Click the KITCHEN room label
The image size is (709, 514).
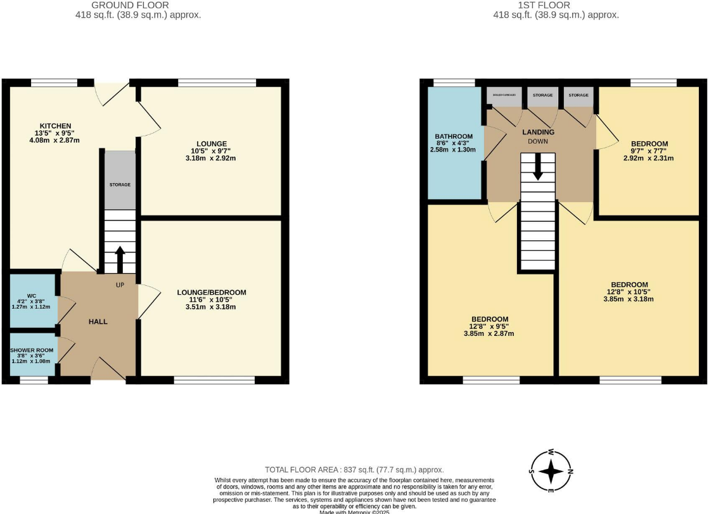point(55,125)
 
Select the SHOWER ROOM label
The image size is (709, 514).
point(32,350)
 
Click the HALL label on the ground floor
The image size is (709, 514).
point(98,321)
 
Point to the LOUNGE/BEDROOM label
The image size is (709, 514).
point(212,292)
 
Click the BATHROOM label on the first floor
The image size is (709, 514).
point(454,136)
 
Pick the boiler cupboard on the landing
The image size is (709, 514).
point(504,95)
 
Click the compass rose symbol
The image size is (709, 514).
point(551,471)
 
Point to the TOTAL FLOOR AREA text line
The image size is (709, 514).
point(354,470)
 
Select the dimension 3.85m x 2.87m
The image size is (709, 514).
point(488,333)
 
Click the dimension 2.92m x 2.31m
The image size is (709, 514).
point(648,158)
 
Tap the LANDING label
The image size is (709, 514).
point(538,132)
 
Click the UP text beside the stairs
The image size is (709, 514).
point(120,285)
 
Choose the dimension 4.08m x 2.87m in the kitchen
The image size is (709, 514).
point(55,140)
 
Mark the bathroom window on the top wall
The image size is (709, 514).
point(454,82)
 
